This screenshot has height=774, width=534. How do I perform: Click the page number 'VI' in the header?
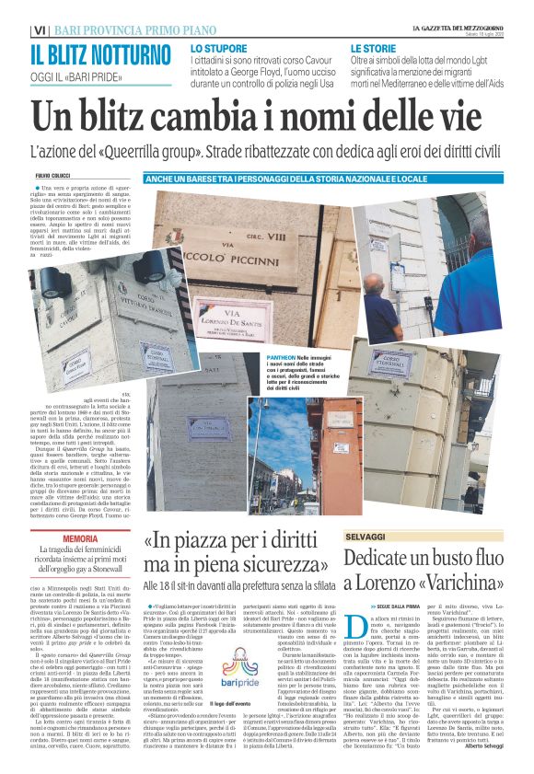pos(39,29)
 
